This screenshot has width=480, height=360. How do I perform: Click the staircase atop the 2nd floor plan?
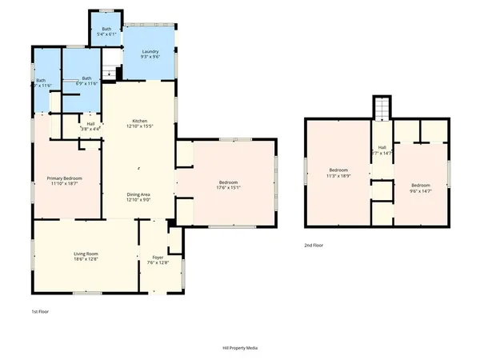[382, 107]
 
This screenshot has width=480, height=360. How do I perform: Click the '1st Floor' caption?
[39, 311]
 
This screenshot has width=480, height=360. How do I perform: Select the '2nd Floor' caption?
[314, 246]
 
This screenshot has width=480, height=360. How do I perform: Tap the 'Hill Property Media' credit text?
[240, 348]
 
